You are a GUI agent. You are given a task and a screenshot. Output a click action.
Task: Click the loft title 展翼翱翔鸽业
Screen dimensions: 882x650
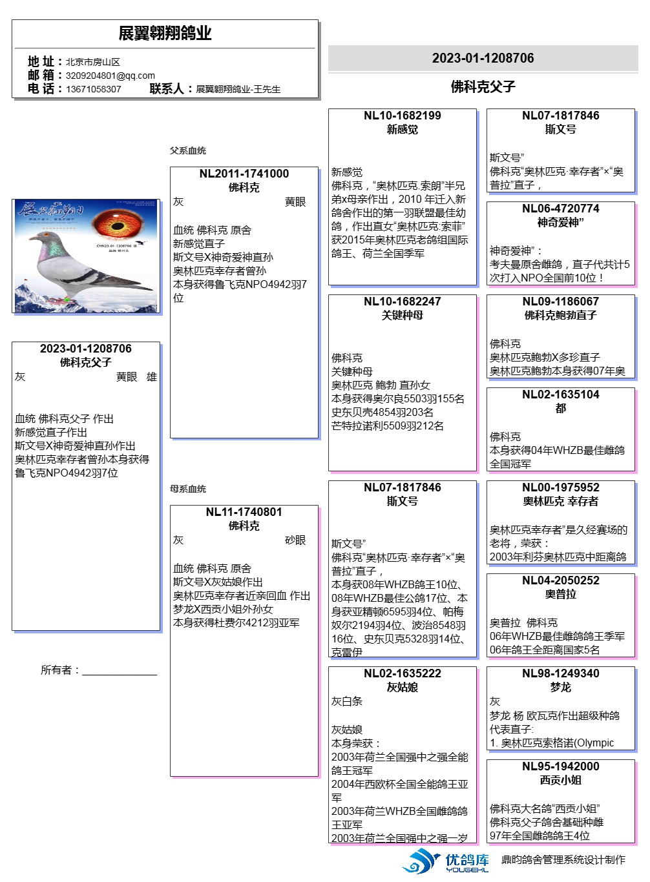[165, 33]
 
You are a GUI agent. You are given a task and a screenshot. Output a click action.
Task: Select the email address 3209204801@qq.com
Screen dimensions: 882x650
[110, 76]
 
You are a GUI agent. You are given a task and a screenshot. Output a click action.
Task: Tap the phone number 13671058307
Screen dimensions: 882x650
[93, 89]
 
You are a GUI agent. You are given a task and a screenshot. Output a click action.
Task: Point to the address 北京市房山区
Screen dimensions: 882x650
[92, 62]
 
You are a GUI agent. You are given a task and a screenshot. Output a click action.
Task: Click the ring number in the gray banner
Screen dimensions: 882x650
[483, 58]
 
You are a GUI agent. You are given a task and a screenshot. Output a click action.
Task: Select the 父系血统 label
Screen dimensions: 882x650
[187, 150]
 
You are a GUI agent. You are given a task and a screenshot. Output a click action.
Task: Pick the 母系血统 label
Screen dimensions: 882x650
[187, 489]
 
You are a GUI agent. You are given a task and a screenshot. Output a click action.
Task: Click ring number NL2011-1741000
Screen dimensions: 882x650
[244, 174]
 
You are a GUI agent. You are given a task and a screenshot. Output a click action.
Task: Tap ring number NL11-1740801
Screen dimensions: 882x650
[244, 512]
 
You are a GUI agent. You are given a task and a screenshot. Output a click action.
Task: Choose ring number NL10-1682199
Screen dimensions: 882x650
[402, 116]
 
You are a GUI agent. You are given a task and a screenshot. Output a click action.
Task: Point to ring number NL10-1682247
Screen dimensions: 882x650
[402, 302]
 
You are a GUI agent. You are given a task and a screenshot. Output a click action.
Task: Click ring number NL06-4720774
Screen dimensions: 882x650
[560, 209]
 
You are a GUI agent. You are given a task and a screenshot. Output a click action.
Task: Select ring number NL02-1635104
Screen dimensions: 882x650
[560, 395]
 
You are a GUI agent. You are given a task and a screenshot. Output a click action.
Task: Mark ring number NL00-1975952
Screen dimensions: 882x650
[560, 487]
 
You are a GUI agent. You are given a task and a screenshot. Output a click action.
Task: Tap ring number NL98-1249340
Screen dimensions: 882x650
[560, 673]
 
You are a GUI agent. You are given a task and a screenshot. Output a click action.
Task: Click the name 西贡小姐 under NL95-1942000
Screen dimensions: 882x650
[560, 780]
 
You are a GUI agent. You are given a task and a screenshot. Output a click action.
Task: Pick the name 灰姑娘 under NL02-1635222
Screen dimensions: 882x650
[402, 687]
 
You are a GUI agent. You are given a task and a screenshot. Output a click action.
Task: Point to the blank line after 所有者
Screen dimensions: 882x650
[120, 672]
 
